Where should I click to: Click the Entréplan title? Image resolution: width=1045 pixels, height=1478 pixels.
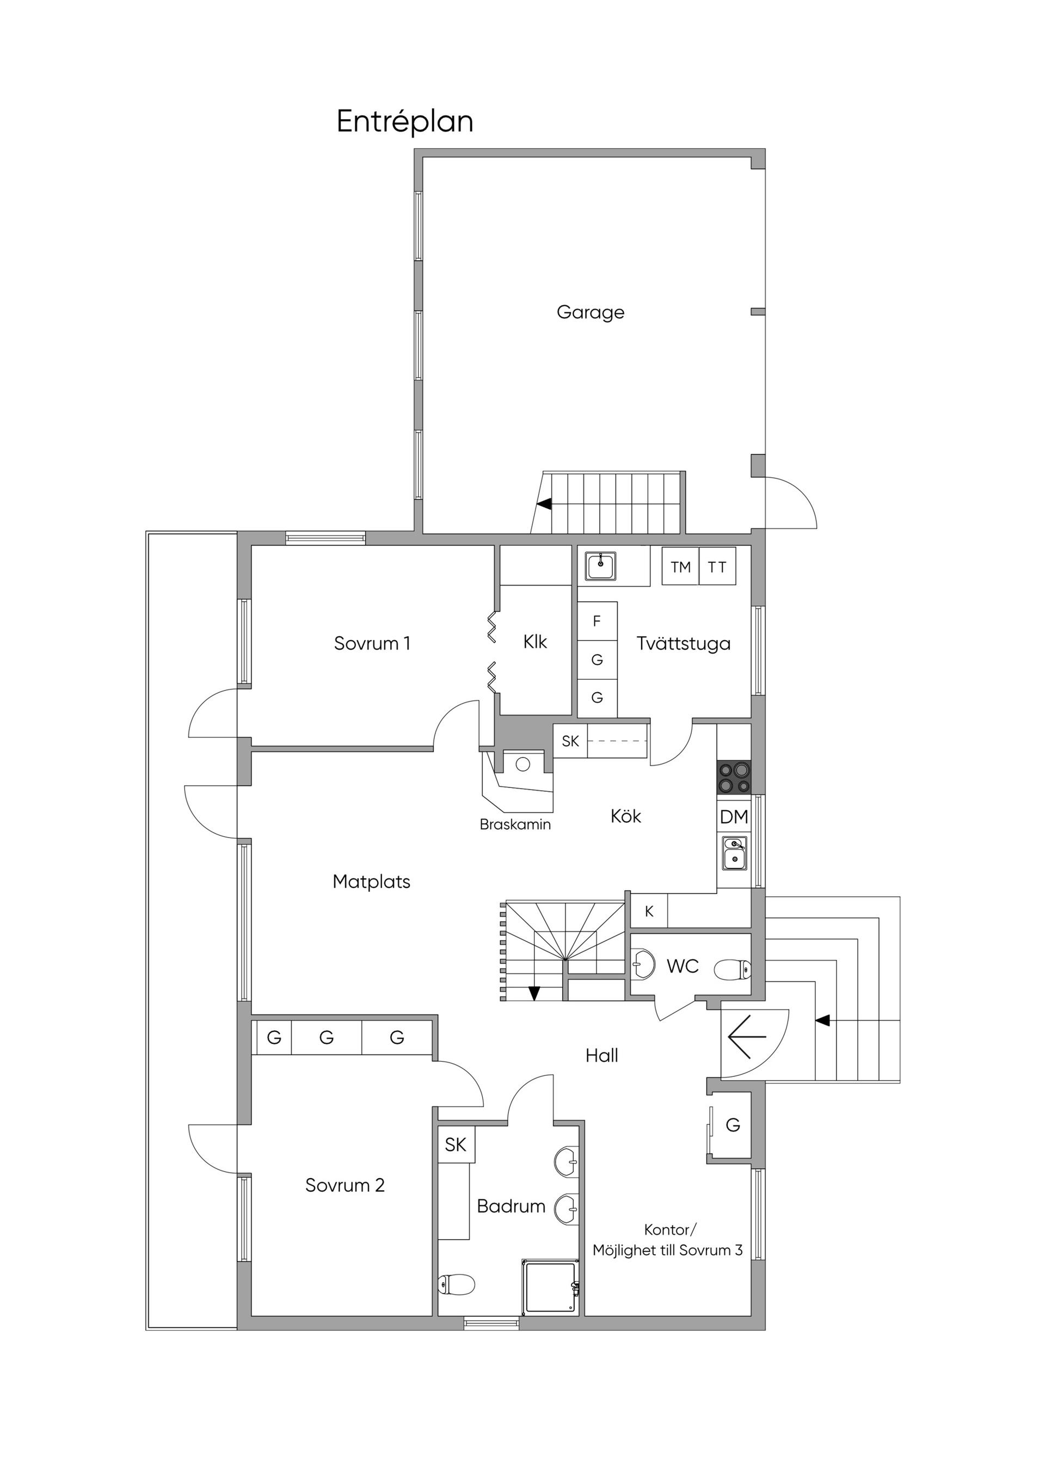point(405,122)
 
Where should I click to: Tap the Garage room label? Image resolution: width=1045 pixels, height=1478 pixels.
point(591,313)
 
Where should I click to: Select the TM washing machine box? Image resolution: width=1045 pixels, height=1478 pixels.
point(680,566)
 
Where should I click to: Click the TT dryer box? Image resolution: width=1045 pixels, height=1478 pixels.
point(717,566)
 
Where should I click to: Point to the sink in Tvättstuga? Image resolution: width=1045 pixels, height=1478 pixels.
point(601,566)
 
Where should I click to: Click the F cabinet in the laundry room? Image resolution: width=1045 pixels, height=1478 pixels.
point(597,621)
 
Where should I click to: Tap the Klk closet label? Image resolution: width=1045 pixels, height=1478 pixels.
point(535,642)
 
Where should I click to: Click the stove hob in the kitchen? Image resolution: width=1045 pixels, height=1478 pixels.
point(734,777)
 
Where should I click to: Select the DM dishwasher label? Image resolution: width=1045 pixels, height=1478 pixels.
point(734,817)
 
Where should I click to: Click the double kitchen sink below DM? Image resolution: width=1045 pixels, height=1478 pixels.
point(735,853)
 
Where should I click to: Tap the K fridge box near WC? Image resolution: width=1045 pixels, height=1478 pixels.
point(649,911)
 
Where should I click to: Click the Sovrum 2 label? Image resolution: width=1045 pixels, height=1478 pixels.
point(345,1185)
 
